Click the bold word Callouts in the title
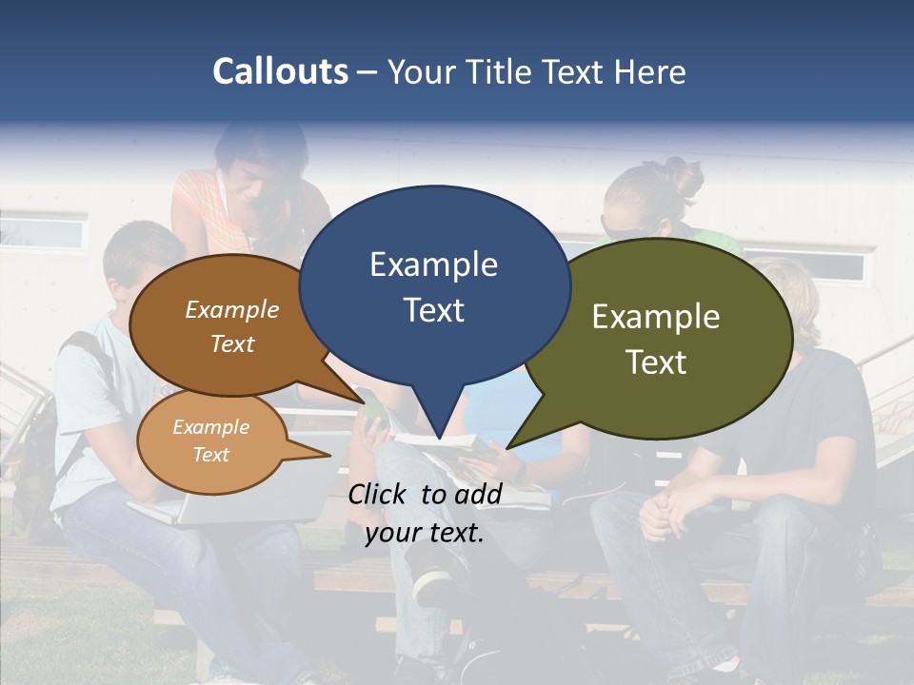pyautogui.click(x=280, y=71)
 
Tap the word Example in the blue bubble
pyautogui.click(x=433, y=264)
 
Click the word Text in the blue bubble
pyautogui.click(x=433, y=310)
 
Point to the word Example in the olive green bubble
pyautogui.click(x=656, y=317)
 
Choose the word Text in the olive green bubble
pyautogui.click(x=656, y=362)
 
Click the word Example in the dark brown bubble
pyautogui.click(x=232, y=309)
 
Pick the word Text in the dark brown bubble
pyautogui.click(x=232, y=343)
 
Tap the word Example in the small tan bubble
pyautogui.click(x=210, y=427)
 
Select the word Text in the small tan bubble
pyautogui.click(x=210, y=455)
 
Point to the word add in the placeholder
pyautogui.click(x=479, y=494)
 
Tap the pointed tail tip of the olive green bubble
pyautogui.click(x=509, y=446)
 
